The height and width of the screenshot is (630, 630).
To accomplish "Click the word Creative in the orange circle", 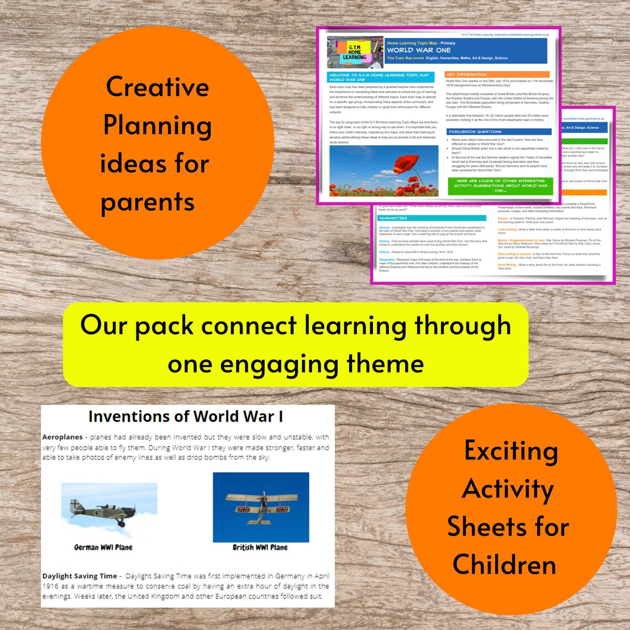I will click(158, 87).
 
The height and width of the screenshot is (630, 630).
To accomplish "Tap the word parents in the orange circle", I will click(148, 202).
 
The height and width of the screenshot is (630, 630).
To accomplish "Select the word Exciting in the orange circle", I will click(511, 451).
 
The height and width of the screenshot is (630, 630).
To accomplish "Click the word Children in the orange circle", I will click(504, 564).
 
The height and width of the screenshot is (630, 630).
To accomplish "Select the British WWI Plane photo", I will click(261, 507).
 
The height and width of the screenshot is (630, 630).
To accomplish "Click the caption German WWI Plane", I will click(103, 547).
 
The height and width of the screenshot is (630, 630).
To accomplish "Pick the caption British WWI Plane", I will click(260, 547).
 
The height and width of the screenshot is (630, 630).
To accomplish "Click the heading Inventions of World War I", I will click(186, 416).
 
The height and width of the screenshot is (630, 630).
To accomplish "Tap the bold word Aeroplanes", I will click(62, 437).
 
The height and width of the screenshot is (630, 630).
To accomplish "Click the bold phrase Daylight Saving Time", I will click(80, 576).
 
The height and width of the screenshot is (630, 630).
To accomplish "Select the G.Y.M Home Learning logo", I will click(355, 52).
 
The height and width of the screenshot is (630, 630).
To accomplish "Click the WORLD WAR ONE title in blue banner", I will click(418, 50).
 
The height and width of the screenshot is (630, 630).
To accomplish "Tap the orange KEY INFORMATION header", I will click(466, 75).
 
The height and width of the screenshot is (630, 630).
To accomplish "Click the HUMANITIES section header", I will click(393, 218).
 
